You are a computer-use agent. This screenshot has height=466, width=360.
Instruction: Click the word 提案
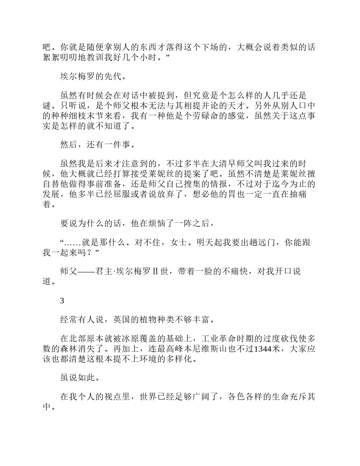(202, 174)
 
